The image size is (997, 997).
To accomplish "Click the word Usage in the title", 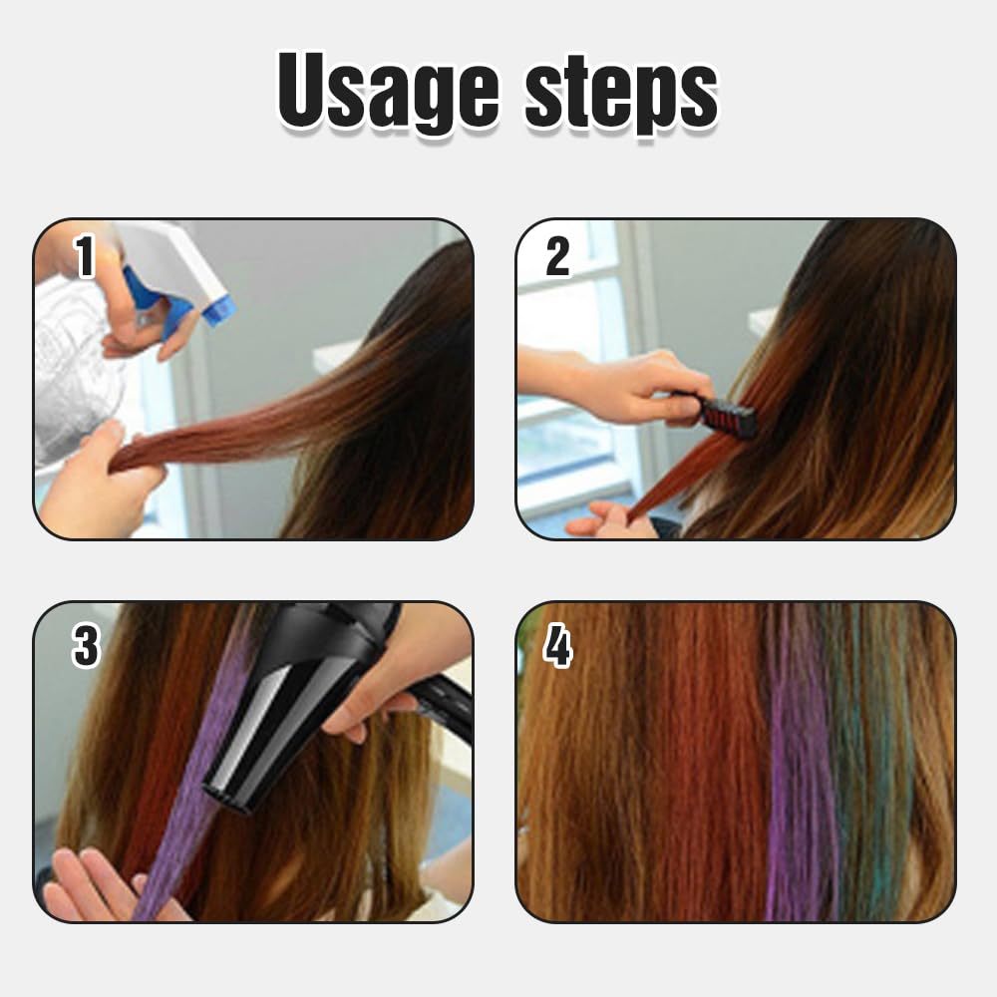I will [x=392, y=95].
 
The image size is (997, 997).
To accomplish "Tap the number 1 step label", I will [x=85, y=256].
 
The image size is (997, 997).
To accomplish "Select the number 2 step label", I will [x=557, y=257].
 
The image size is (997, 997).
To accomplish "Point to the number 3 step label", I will [x=86, y=646].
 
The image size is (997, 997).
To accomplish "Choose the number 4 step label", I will [x=557, y=646].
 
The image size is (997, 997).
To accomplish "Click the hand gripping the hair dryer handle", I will [x=399, y=678].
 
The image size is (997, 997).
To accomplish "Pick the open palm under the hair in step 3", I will [x=95, y=882].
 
